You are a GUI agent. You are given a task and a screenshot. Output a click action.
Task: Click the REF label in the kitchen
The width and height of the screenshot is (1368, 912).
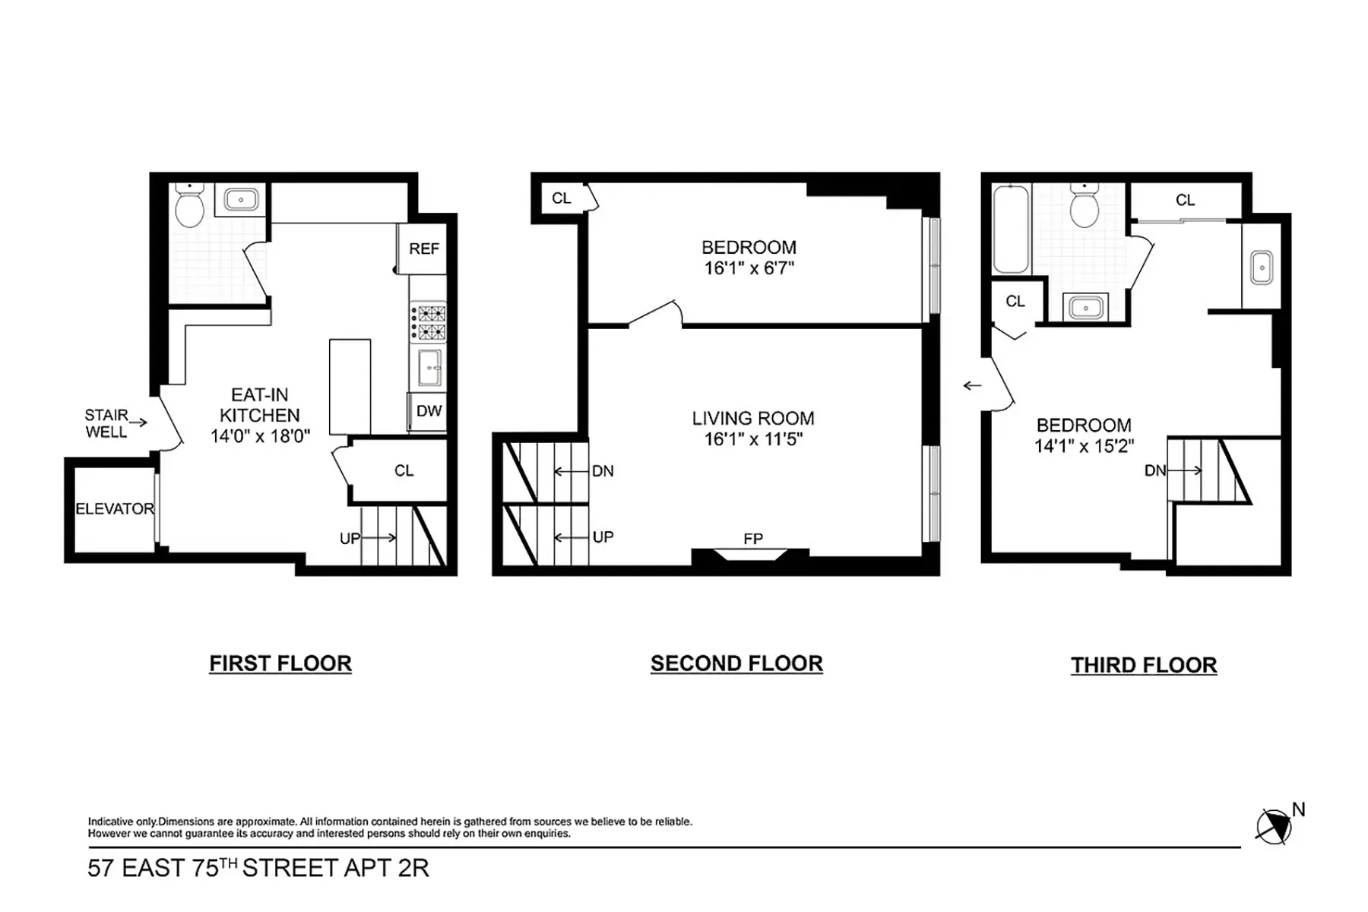[423, 249]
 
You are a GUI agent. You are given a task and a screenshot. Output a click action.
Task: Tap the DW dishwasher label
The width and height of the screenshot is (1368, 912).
[429, 411]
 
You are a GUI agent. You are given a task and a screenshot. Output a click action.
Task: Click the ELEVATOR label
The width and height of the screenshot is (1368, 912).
[115, 509]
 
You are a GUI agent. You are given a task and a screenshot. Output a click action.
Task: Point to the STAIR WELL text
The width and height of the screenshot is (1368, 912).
[106, 423]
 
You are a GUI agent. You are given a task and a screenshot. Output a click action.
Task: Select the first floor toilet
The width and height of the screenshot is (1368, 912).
[189, 207]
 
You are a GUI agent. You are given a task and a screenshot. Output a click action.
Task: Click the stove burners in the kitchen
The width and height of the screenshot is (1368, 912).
[429, 322]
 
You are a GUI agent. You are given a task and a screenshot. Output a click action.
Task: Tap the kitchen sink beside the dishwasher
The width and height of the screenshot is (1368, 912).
[429, 368]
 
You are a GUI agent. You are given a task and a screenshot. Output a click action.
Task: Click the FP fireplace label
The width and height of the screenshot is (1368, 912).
[752, 539]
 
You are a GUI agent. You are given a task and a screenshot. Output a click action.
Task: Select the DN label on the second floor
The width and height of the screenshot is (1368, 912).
[603, 471]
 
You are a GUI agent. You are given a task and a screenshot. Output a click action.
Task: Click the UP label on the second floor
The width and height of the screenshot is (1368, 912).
[603, 537]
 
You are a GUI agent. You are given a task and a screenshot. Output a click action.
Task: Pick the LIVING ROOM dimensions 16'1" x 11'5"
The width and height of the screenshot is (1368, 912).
[752, 439]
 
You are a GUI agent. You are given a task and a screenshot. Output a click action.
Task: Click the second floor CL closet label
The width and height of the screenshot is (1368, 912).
[561, 198]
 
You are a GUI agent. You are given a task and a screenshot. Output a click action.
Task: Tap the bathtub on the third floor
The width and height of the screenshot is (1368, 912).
[1011, 229]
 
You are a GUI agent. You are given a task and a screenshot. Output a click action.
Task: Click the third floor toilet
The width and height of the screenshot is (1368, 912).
[1084, 207]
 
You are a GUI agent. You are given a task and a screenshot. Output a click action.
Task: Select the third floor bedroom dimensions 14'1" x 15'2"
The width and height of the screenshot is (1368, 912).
[1084, 446]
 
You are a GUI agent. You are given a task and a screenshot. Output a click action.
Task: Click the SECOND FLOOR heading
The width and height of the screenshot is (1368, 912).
[736, 663]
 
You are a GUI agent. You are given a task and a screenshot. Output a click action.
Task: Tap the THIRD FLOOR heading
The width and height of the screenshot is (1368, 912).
[1144, 665]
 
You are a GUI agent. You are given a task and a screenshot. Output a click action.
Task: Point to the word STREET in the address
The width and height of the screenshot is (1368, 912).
[290, 868]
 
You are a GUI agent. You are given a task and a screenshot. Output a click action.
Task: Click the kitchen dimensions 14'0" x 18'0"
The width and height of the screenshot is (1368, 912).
[260, 436]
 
